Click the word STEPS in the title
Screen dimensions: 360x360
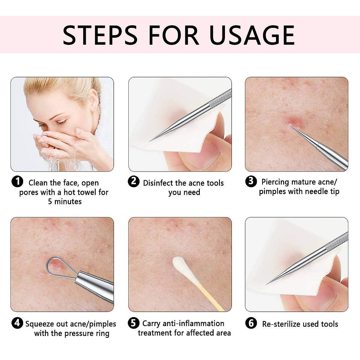(100, 35)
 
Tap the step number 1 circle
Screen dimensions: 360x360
(17, 181)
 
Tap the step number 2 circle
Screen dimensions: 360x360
(133, 181)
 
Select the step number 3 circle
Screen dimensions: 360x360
(251, 181)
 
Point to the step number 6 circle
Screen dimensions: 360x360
(251, 323)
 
